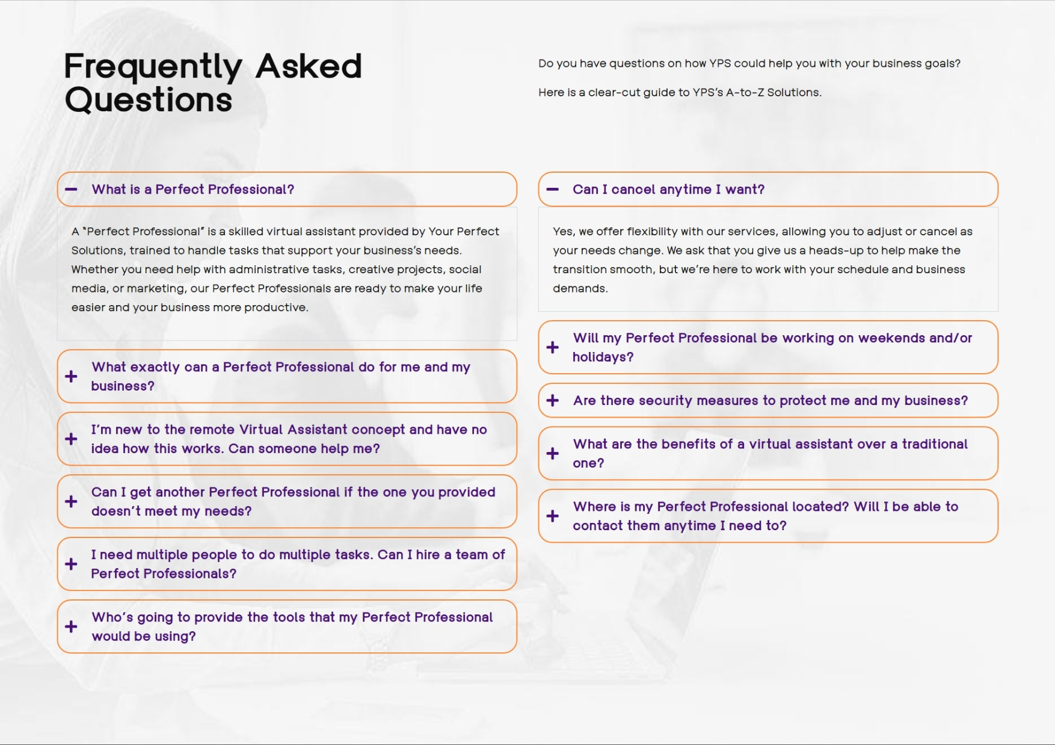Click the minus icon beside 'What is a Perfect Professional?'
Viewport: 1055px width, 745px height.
pyautogui.click(x=71, y=190)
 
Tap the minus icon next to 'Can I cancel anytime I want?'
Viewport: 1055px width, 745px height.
pyautogui.click(x=552, y=190)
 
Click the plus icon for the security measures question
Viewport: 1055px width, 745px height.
pyautogui.click(x=552, y=401)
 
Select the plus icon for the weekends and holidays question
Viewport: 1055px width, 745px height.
pyautogui.click(x=552, y=347)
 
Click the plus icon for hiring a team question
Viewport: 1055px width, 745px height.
pyautogui.click(x=71, y=564)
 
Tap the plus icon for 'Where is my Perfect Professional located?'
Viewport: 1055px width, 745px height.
pyautogui.click(x=552, y=516)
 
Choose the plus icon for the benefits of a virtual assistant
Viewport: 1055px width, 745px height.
pyautogui.click(x=552, y=453)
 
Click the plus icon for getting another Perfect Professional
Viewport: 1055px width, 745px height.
pyautogui.click(x=71, y=501)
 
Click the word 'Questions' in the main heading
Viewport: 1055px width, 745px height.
pyautogui.click(x=148, y=100)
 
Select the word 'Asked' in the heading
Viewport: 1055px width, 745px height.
pyautogui.click(x=309, y=66)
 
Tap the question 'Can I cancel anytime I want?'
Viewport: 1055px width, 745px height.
pyautogui.click(x=668, y=190)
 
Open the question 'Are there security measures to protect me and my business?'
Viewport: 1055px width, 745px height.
pyautogui.click(x=770, y=401)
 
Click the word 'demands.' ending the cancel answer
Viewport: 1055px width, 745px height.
pyautogui.click(x=580, y=289)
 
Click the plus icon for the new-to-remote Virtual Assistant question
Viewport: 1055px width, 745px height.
pyautogui.click(x=71, y=439)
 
